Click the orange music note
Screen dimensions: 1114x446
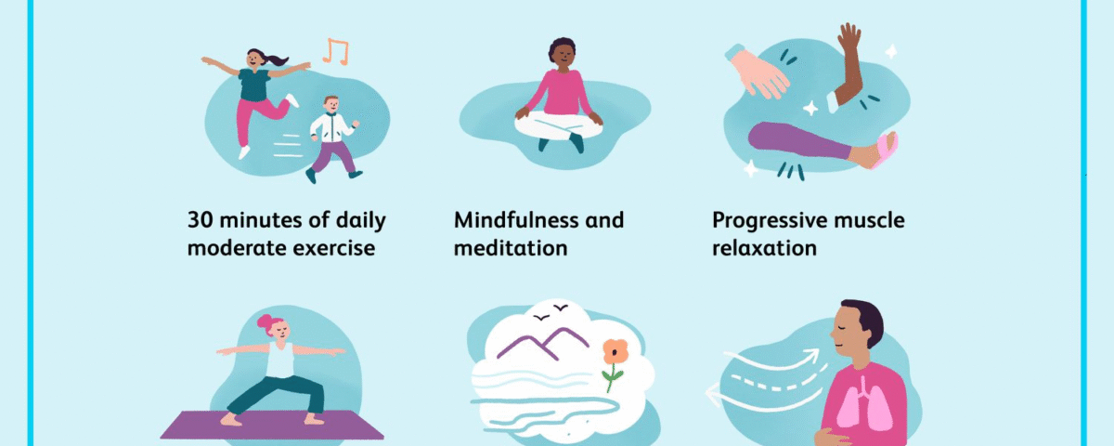click(336, 51)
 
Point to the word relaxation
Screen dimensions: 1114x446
click(764, 248)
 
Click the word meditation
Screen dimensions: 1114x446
click(511, 248)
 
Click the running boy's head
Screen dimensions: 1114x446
click(331, 104)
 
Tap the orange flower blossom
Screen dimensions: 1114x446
click(615, 352)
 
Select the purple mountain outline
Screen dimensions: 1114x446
click(542, 344)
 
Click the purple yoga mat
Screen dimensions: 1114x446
click(271, 426)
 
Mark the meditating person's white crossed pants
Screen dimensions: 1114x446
click(558, 126)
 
